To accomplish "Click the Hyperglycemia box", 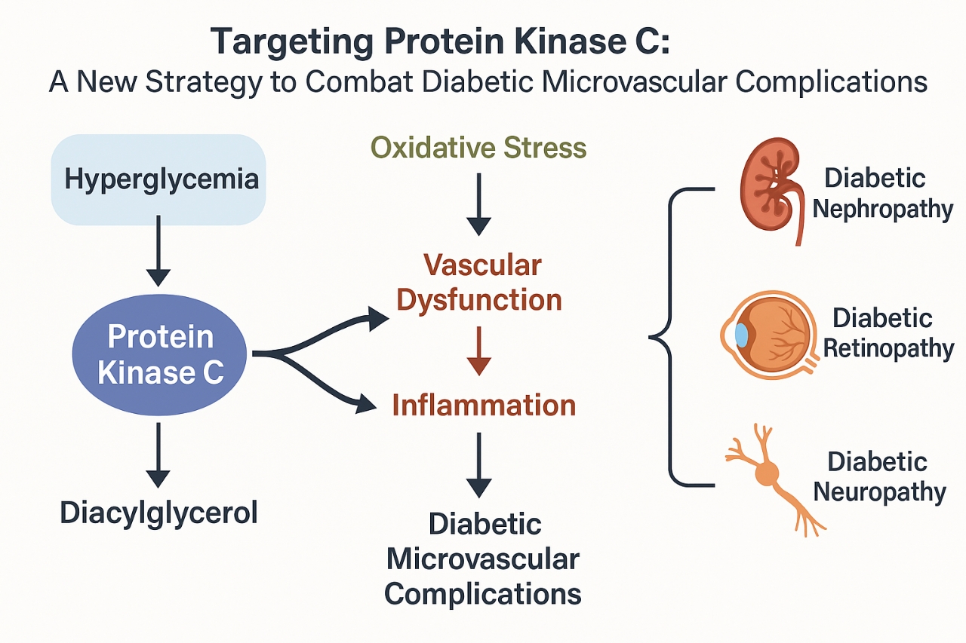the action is pyautogui.click(x=158, y=179).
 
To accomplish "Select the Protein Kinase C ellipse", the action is pyautogui.click(x=159, y=354).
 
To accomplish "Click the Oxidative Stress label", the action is pyautogui.click(x=478, y=148).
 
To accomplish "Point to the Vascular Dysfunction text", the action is pyautogui.click(x=479, y=282).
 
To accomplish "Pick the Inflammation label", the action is pyautogui.click(x=484, y=406).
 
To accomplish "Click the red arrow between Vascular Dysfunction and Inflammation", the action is pyautogui.click(x=478, y=351).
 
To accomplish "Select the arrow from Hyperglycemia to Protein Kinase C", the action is pyautogui.click(x=158, y=251).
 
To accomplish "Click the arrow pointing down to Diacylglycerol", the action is pyautogui.click(x=158, y=455).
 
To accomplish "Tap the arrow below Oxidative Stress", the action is pyautogui.click(x=478, y=204).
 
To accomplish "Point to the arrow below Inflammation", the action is pyautogui.click(x=478, y=465).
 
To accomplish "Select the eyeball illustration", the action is pyautogui.click(x=770, y=335).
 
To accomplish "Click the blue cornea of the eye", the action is pyautogui.click(x=741, y=335).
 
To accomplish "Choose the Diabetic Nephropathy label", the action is pyautogui.click(x=882, y=194).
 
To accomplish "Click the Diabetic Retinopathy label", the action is pyautogui.click(x=888, y=333).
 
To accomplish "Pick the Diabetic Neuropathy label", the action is pyautogui.click(x=879, y=477).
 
